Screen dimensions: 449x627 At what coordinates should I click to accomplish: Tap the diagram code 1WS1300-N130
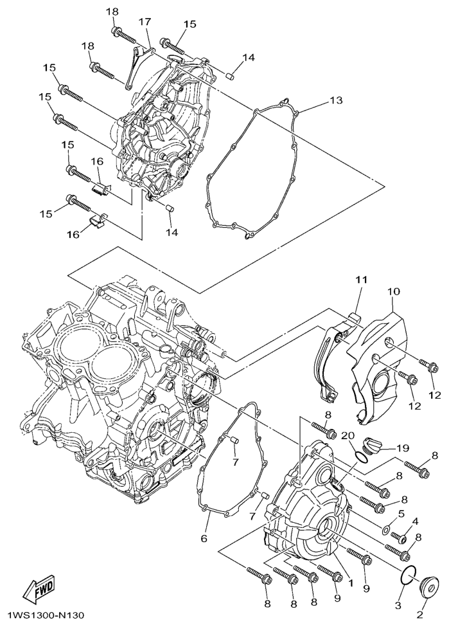coord(42,614)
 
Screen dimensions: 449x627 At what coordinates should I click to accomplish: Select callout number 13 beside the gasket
coord(336,100)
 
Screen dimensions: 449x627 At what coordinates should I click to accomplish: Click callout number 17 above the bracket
coord(145,22)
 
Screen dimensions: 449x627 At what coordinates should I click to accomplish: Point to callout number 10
coord(393,291)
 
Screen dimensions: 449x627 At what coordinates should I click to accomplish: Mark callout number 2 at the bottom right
coord(420,613)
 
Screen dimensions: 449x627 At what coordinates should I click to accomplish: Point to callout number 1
coord(351,583)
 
